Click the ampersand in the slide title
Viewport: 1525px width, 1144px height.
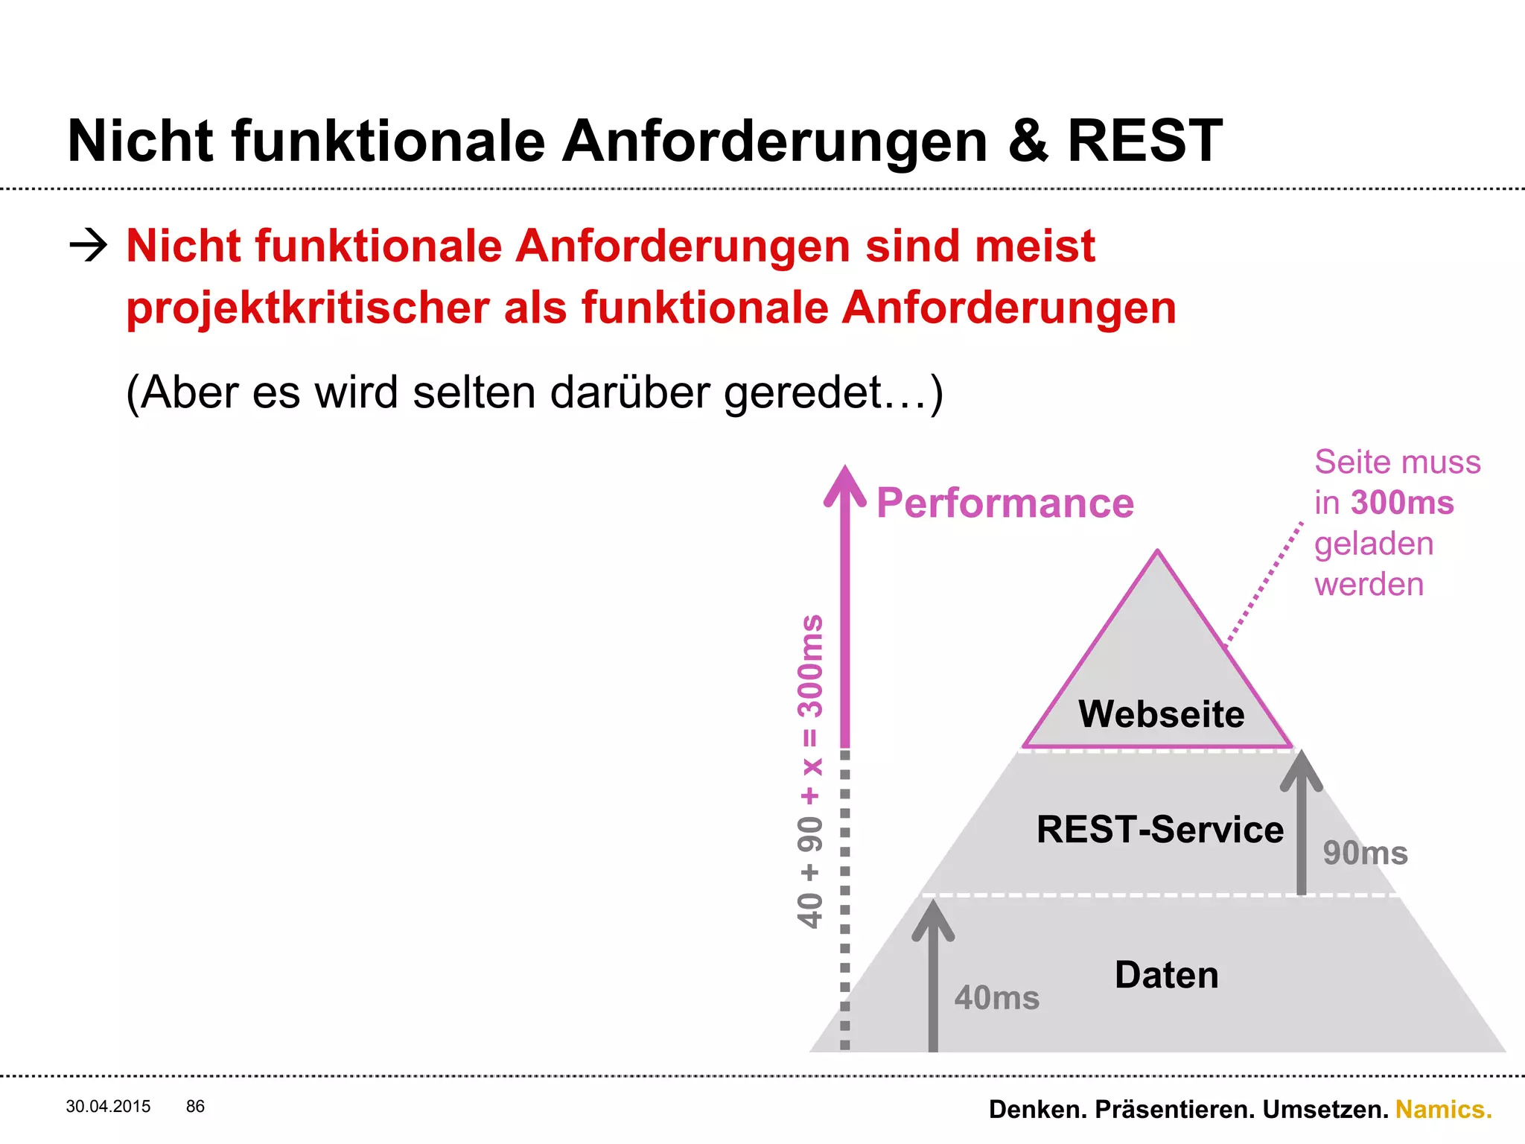[1028, 142]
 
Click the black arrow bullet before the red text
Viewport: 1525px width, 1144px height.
[88, 245]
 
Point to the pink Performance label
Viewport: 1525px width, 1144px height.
[1005, 503]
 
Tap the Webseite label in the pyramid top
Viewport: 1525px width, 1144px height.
[1161, 714]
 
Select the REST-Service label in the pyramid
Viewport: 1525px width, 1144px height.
[1159, 830]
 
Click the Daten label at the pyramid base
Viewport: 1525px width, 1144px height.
[1166, 975]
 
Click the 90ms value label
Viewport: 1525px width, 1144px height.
[1365, 853]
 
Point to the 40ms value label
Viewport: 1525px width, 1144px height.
[996, 998]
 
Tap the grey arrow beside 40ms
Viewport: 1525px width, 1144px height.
[932, 976]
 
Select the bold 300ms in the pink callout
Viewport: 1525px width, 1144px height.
[1402, 503]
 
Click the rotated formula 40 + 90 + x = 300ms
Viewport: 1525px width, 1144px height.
[810, 771]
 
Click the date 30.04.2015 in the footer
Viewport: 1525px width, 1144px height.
[108, 1107]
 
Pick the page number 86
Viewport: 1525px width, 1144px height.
[195, 1107]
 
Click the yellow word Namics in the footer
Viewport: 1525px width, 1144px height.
[1442, 1110]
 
